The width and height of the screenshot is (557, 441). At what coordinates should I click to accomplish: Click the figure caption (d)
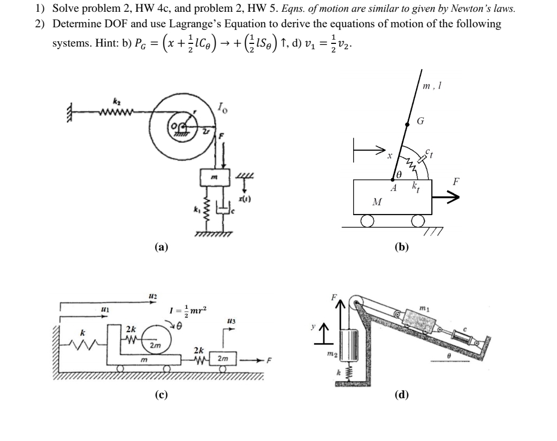click(401, 395)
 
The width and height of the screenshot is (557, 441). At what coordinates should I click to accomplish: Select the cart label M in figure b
click(377, 202)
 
